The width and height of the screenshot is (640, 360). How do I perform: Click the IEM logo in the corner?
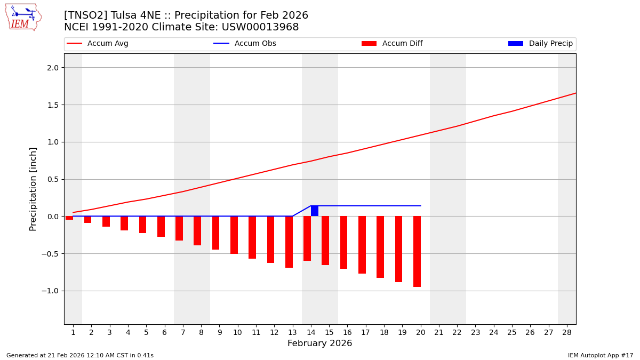click(23, 17)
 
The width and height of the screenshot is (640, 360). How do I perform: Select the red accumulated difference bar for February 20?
click(417, 251)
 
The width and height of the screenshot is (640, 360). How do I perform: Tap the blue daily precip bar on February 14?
click(315, 211)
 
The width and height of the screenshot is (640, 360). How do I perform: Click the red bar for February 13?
click(289, 242)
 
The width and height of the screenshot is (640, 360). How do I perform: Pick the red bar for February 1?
click(69, 218)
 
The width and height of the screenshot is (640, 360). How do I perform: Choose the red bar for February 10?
click(234, 235)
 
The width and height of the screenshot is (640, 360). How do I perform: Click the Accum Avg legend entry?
click(98, 44)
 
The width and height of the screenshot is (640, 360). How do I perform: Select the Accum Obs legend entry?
click(245, 44)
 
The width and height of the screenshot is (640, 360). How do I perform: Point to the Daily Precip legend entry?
click(541, 44)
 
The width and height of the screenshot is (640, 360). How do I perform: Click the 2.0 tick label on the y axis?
click(53, 68)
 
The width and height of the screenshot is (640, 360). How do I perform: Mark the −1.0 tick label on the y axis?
click(51, 291)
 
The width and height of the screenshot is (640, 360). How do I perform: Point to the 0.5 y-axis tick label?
click(53, 179)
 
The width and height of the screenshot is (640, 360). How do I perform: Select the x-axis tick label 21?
click(439, 332)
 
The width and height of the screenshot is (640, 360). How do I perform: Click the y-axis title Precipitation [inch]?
click(33, 189)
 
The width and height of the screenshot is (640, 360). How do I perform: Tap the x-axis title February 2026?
click(319, 343)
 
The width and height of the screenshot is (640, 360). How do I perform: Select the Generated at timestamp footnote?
click(80, 355)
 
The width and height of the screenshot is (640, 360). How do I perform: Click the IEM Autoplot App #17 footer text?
click(601, 355)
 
